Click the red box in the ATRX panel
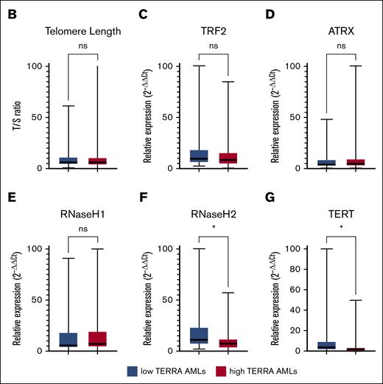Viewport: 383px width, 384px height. click(x=346, y=162)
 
